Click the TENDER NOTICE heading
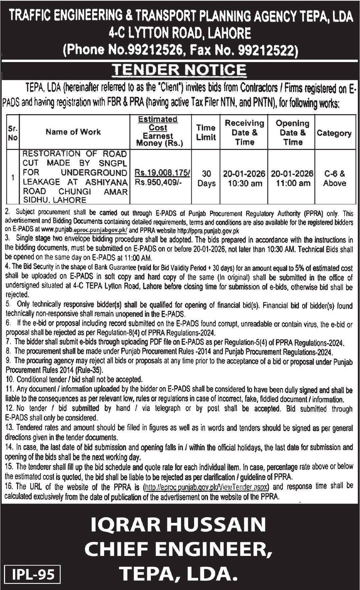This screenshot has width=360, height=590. tap(180, 70)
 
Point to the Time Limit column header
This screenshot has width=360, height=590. tap(206, 132)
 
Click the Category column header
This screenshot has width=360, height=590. tap(334, 133)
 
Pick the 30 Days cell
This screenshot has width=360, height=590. tap(206, 179)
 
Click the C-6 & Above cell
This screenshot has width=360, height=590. tap(335, 179)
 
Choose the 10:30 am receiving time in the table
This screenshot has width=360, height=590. tap(245, 183)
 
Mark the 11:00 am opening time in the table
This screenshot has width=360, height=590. tap(293, 183)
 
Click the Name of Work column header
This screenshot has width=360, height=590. tap(73, 132)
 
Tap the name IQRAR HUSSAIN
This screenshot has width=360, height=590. tap(178, 525)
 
